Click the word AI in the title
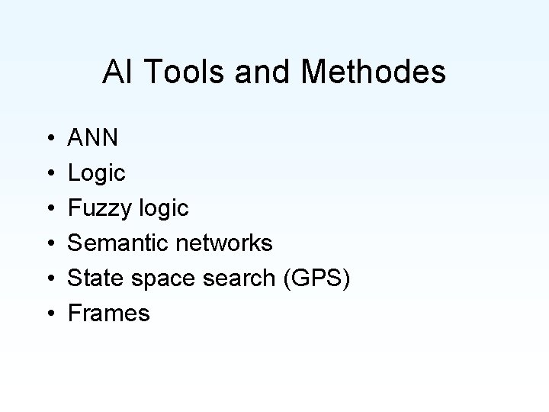[114, 72]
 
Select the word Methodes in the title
[374, 72]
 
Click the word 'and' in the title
[259, 72]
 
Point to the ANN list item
[93, 138]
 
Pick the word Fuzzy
[98, 208]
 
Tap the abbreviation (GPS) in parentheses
[316, 278]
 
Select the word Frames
[109, 313]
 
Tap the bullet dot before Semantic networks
[48, 244]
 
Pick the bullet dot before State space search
[48, 278]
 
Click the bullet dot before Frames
[48, 314]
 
